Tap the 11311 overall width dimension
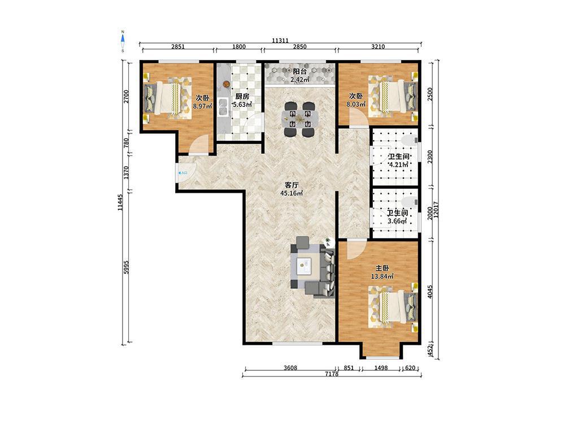point(280,41)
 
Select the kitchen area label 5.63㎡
point(242,105)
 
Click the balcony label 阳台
point(300,71)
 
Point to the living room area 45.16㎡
point(292,193)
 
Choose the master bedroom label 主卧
point(383,269)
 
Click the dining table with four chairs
point(300,119)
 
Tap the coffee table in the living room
point(305,267)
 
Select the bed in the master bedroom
point(393,306)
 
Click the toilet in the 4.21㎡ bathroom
point(409,140)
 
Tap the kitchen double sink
point(223,107)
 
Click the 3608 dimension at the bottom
point(290,368)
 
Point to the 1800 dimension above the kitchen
point(239,46)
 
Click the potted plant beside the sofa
point(328,241)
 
